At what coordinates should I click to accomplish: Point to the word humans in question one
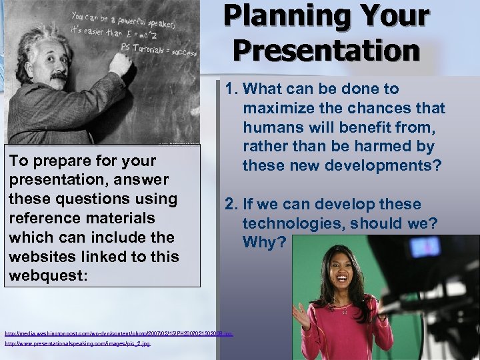(x=272, y=127)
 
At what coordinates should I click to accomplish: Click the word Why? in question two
(x=264, y=242)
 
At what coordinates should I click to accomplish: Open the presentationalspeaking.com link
(x=77, y=343)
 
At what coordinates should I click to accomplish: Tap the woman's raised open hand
(x=301, y=316)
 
